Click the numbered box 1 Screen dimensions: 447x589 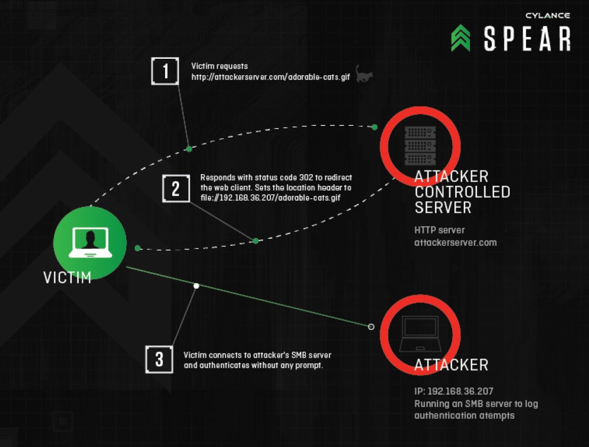point(165,72)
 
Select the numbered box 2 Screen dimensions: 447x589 point(176,189)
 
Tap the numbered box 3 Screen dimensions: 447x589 point(159,359)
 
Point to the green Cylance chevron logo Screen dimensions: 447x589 point(461,38)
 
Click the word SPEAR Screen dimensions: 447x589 point(527,38)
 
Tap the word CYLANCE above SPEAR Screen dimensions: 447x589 point(548,16)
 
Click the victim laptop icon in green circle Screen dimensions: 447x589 point(90,242)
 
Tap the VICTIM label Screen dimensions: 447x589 point(68,277)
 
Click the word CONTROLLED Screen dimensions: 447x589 point(462,192)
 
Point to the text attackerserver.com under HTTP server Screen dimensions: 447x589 point(455,242)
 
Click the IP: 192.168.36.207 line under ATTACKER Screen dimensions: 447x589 point(453,391)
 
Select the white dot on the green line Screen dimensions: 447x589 point(197,286)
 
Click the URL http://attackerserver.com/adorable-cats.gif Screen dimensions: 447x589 point(271,78)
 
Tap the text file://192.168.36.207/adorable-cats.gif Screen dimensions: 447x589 point(270,198)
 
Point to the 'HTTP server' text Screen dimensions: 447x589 point(439,230)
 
